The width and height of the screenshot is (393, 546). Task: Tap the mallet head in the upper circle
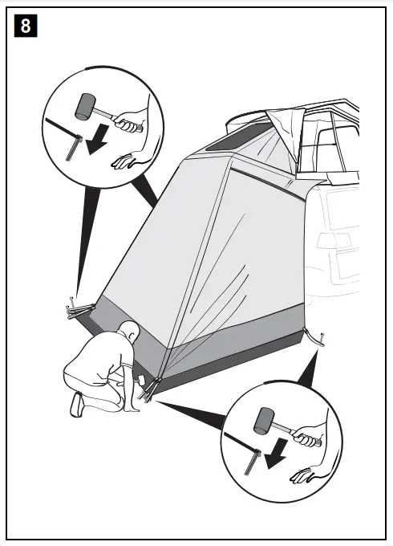pos(86,104)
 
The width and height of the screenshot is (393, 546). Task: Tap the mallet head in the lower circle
pos(265,419)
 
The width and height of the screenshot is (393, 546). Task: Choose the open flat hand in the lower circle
pos(305,474)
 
